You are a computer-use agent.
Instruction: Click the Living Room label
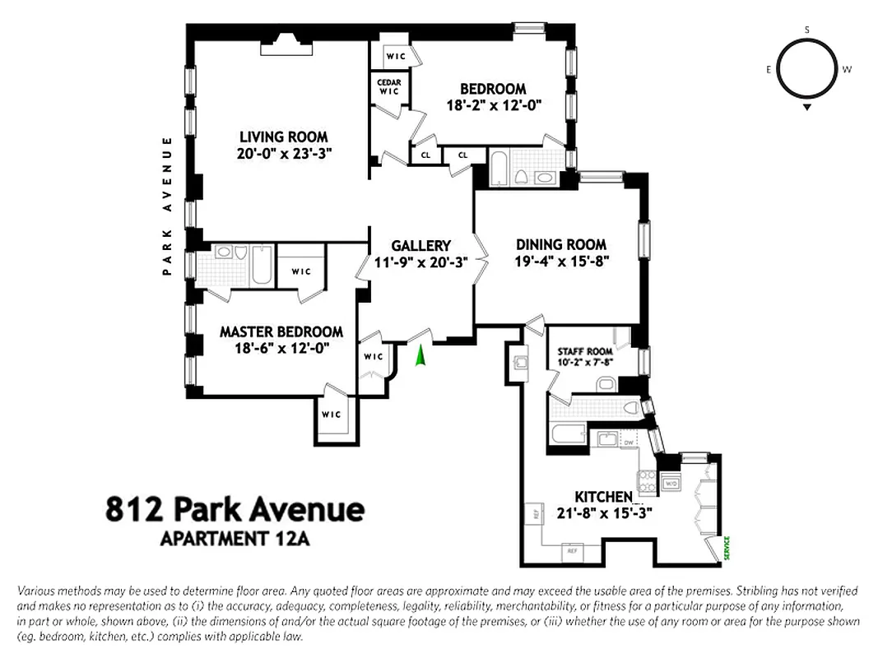pyautogui.click(x=283, y=137)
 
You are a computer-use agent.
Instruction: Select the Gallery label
pyautogui.click(x=420, y=245)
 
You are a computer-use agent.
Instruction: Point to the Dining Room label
pyautogui.click(x=561, y=244)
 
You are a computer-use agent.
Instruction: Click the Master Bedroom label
pyautogui.click(x=281, y=331)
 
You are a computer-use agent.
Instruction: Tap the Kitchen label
pyautogui.click(x=603, y=497)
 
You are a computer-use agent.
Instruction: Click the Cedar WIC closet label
pyautogui.click(x=388, y=86)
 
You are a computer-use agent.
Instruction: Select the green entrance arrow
pyautogui.click(x=420, y=357)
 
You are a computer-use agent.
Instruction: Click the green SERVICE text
pyautogui.click(x=727, y=549)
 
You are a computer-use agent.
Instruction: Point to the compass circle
pyautogui.click(x=806, y=69)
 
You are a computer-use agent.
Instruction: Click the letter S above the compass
pyautogui.click(x=806, y=30)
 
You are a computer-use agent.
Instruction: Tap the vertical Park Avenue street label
pyautogui.click(x=168, y=206)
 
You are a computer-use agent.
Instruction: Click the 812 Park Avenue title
pyautogui.click(x=235, y=509)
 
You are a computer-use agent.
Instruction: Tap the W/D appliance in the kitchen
pyautogui.click(x=670, y=484)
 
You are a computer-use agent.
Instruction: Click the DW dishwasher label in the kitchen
pyautogui.click(x=628, y=442)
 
